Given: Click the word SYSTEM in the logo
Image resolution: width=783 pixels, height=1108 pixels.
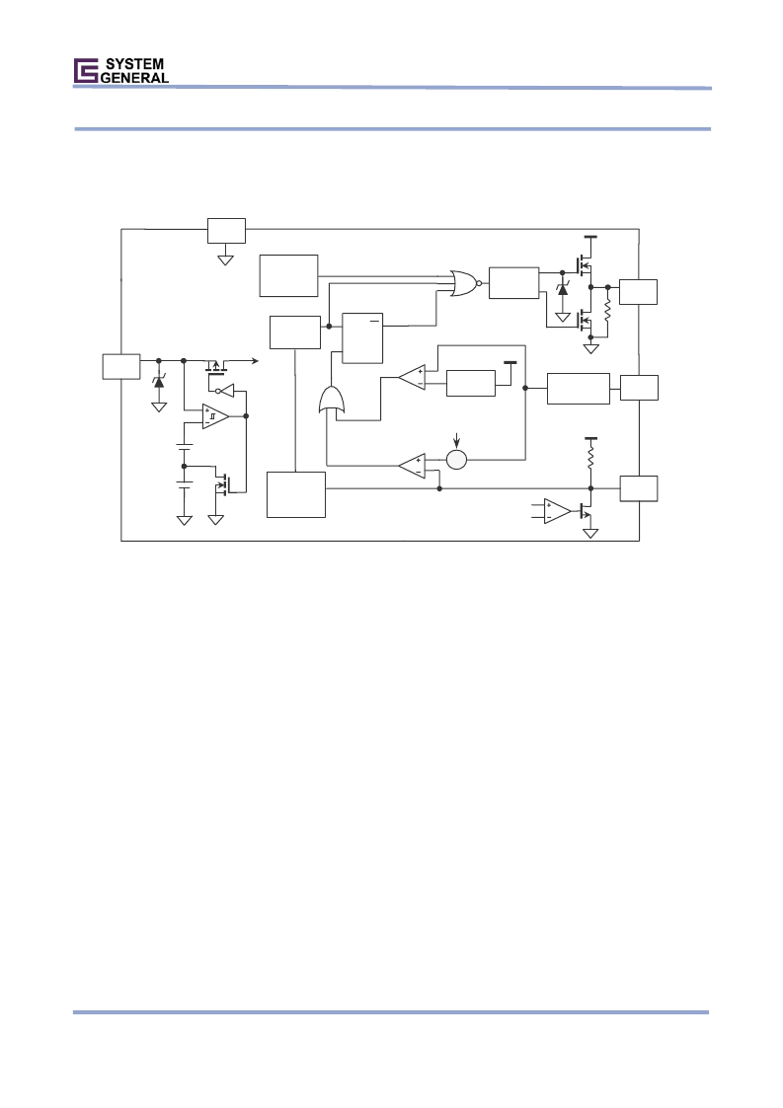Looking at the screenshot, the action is pos(134,64).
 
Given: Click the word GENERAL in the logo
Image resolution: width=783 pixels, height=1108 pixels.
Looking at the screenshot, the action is pos(134,78).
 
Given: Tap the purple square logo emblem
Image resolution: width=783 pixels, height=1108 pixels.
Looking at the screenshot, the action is pos(86,71).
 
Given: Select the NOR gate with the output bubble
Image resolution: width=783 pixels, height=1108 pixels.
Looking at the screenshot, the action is pos(466,282).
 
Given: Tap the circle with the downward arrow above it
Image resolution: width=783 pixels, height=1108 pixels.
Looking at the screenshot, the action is pos(457,460).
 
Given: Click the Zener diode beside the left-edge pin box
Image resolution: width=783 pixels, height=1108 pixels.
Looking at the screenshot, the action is pos(158,382).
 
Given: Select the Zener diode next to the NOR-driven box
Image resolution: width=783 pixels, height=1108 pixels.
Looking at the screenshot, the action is pos(563,288).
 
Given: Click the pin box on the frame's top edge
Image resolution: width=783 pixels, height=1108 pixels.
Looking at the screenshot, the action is pos(226,230).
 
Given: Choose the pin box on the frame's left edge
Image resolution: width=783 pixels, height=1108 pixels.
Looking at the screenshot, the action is pos(120,366).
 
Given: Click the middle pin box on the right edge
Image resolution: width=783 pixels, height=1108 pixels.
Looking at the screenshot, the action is pos(640,387).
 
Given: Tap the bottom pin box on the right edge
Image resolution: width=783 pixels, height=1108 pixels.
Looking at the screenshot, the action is pos(639,488).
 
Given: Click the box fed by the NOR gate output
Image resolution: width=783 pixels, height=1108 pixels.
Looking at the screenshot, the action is pos(513,282).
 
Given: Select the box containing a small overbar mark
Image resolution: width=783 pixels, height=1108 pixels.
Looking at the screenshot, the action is pos(362,337).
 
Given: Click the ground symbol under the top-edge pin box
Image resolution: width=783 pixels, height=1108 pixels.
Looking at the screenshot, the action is pos(226,260).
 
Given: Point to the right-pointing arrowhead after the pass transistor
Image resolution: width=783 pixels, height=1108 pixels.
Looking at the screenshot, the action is pos(255,360).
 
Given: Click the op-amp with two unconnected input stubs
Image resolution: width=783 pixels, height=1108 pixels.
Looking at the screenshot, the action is pos(557,511).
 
